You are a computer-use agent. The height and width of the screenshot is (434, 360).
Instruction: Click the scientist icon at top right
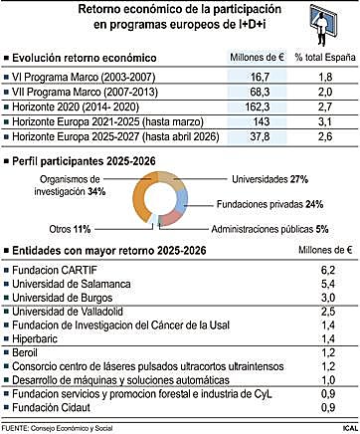(323, 25)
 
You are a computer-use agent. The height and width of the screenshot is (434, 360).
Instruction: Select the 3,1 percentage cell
(325, 121)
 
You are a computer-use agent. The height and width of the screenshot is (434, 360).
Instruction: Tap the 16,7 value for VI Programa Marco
(260, 77)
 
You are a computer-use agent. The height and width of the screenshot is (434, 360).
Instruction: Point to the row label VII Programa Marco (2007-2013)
(85, 92)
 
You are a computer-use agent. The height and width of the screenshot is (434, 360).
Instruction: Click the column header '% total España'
(325, 57)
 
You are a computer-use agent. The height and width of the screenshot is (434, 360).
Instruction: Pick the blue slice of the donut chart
(182, 201)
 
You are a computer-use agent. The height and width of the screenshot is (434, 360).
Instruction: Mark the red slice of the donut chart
(170, 218)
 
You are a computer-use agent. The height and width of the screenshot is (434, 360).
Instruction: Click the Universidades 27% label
(270, 179)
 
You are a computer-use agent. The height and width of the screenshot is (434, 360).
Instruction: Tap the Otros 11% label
(70, 229)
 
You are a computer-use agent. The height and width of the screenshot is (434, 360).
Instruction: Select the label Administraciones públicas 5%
(270, 229)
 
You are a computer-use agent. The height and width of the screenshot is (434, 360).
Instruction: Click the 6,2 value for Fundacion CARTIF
(328, 270)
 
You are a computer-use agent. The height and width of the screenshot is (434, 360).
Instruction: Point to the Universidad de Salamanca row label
(72, 284)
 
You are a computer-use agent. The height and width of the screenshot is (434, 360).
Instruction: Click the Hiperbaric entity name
(35, 338)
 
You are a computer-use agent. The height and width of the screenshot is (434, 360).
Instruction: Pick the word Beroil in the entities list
(25, 352)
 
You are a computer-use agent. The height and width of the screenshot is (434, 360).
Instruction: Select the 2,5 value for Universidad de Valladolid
(328, 312)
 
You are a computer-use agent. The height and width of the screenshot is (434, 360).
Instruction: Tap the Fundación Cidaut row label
(51, 407)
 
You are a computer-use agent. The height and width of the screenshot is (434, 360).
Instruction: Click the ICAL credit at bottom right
(350, 428)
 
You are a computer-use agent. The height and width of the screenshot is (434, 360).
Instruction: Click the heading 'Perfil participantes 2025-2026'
(84, 161)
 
